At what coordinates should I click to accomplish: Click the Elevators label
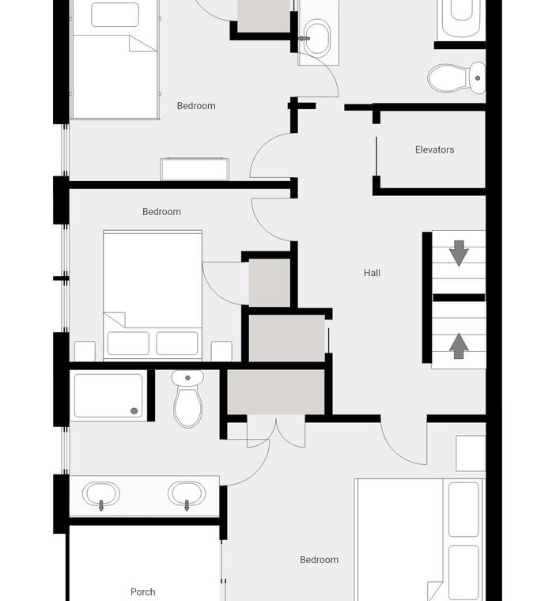pyautogui.click(x=434, y=149)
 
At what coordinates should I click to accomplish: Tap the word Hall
pyautogui.click(x=372, y=273)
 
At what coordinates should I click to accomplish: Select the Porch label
pyautogui.click(x=142, y=592)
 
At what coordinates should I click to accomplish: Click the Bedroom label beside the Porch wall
pyautogui.click(x=319, y=560)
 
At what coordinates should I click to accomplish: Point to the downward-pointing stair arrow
pyautogui.click(x=459, y=253)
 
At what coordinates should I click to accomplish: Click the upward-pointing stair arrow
pyautogui.click(x=459, y=346)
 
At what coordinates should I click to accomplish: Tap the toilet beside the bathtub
pyautogui.click(x=456, y=78)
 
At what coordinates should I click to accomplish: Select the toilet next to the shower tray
pyautogui.click(x=187, y=399)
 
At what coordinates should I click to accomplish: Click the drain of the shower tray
pyautogui.click(x=134, y=411)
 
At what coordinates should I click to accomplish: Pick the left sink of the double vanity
pyautogui.click(x=101, y=494)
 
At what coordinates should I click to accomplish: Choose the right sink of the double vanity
pyautogui.click(x=187, y=494)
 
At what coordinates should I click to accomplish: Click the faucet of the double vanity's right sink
pyautogui.click(x=187, y=505)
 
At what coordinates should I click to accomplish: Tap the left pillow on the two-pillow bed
pyautogui.click(x=128, y=343)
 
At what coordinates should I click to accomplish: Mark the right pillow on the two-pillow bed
pyautogui.click(x=177, y=343)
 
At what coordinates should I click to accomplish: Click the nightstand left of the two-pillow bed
pyautogui.click(x=85, y=351)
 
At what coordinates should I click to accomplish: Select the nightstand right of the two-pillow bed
pyautogui.click(x=221, y=351)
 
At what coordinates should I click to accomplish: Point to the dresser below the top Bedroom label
pyautogui.click(x=195, y=169)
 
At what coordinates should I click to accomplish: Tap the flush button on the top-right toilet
pyautogui.click(x=478, y=78)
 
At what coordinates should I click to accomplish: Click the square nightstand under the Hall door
pyautogui.click(x=471, y=453)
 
